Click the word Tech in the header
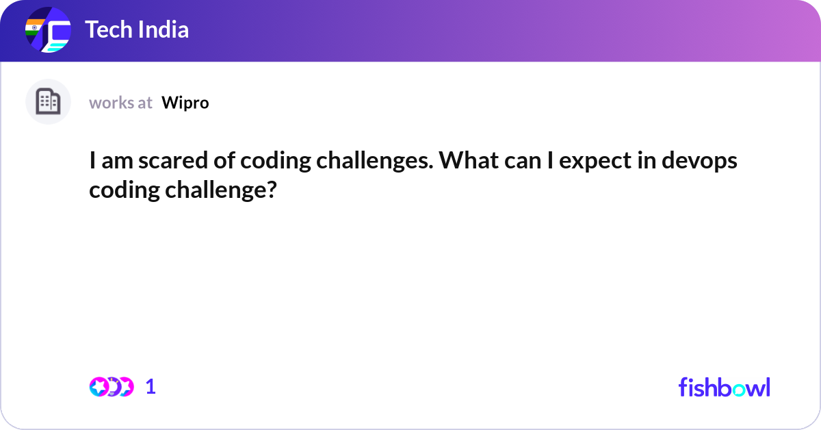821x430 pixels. [108, 29]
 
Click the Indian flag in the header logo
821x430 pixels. [34, 27]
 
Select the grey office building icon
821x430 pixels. [48, 101]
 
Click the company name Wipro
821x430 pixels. [185, 103]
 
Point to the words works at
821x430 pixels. [120, 103]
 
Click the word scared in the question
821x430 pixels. [173, 160]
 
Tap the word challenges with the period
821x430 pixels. [375, 162]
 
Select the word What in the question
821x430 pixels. [469, 160]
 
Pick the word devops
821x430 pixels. [699, 162]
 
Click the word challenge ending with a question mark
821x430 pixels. [221, 191]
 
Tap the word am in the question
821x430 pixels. [117, 162]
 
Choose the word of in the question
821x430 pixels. [224, 160]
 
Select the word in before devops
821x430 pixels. [646, 160]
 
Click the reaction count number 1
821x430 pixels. [151, 387]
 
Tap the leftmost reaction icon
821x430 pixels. [99, 387]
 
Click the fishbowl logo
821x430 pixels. [725, 387]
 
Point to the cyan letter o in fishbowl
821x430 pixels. [738, 390]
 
